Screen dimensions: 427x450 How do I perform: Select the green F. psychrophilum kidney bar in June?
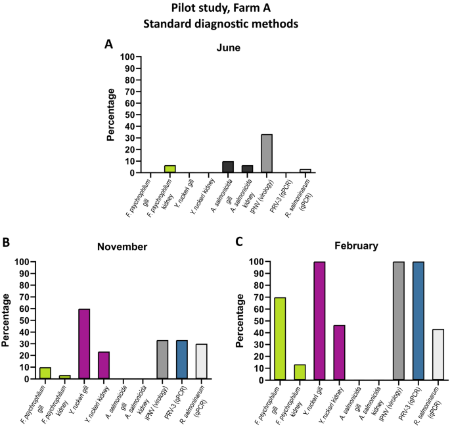169,169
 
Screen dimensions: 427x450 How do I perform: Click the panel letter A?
108,44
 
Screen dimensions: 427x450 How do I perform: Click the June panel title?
229,47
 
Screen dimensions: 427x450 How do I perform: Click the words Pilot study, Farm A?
225,8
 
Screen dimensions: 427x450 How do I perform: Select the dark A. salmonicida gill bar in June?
228,167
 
